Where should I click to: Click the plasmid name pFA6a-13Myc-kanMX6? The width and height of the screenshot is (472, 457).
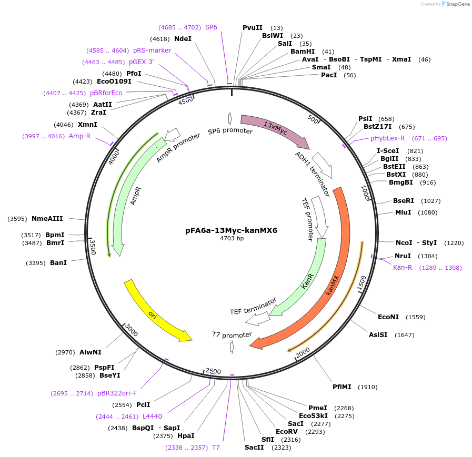[231, 230]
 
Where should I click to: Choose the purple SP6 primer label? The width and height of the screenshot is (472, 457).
[211, 27]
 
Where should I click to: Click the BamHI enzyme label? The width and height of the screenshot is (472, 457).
[303, 52]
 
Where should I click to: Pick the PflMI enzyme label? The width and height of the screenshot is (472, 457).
[343, 387]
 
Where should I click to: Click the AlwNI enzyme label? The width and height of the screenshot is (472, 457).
[91, 352]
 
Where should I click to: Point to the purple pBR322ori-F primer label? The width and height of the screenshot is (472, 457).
[117, 393]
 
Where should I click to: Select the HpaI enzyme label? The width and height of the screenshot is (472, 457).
[186, 435]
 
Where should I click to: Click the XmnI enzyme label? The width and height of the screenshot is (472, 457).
[87, 125]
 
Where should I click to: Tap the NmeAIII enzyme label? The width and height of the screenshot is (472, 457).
[47, 219]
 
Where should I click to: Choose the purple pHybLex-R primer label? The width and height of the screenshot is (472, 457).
[388, 138]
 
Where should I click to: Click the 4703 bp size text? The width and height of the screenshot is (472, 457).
[232, 238]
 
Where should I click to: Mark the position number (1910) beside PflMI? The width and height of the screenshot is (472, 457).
[368, 387]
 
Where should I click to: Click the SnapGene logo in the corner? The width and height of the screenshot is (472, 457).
[454, 4]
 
